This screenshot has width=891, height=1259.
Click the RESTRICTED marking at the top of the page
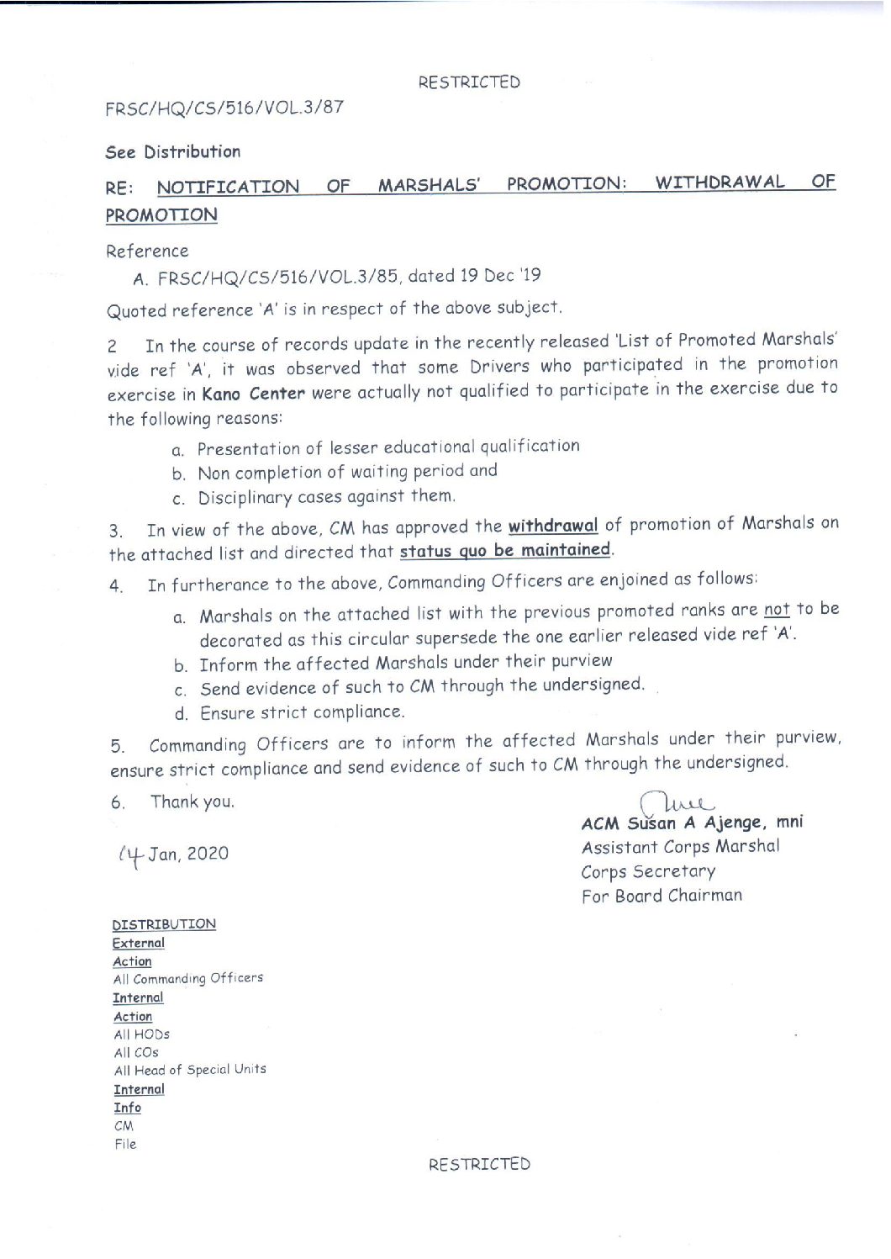pyautogui.click(x=469, y=82)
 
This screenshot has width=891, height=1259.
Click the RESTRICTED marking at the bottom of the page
pyautogui.click(x=479, y=1164)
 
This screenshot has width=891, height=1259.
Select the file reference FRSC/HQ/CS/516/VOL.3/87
pyautogui.click(x=224, y=108)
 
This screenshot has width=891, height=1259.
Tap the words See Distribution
pyautogui.click(x=173, y=152)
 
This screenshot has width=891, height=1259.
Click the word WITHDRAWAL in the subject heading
pyautogui.click(x=720, y=183)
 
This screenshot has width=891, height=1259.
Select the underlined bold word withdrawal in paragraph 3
pyautogui.click(x=553, y=526)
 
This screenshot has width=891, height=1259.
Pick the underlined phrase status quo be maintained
pyautogui.click(x=505, y=551)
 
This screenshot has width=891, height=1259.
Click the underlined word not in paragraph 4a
pyautogui.click(x=777, y=609)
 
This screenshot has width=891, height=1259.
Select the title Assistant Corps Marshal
pyautogui.click(x=680, y=847)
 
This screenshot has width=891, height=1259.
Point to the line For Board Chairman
pyautogui.click(x=662, y=896)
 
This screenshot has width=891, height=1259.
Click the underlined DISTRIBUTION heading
pyautogui.click(x=164, y=924)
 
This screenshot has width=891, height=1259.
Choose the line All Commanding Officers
pyautogui.click(x=188, y=979)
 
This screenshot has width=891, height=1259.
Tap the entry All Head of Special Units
pyautogui.click(x=190, y=1071)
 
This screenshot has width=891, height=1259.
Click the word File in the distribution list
pyautogui.click(x=125, y=1144)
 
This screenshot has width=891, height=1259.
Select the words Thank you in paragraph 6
pyautogui.click(x=192, y=801)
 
